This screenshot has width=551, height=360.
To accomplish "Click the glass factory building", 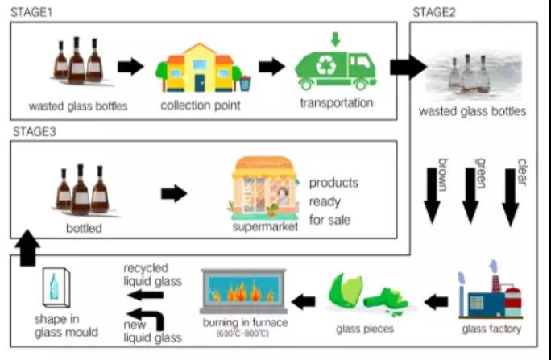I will [x=490, y=296].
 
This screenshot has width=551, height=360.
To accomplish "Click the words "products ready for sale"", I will [x=333, y=200].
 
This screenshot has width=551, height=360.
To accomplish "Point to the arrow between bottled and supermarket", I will [x=174, y=193].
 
